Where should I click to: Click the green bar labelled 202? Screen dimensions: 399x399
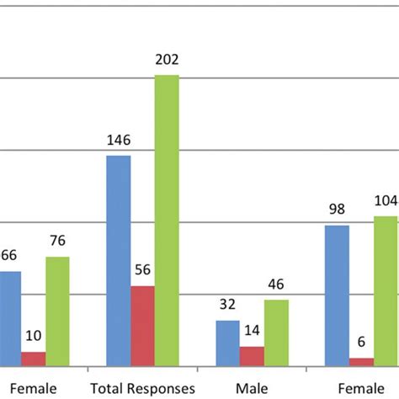pyautogui.click(x=167, y=221)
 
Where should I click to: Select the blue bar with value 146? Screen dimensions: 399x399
pyautogui.click(x=119, y=261)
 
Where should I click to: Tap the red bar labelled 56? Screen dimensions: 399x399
pyautogui.click(x=142, y=326)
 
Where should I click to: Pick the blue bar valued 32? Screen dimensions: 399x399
pyautogui.click(x=227, y=343)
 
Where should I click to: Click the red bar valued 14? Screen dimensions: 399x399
pyautogui.click(x=252, y=356)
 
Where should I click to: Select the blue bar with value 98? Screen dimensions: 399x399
pyautogui.click(x=337, y=295)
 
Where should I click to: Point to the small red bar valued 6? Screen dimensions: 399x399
pyautogui.click(x=361, y=362)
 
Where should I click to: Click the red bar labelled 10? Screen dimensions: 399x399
pyautogui.click(x=34, y=359)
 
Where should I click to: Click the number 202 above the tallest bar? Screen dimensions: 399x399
pyautogui.click(x=167, y=60)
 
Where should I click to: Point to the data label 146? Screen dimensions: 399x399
pyautogui.click(x=119, y=141)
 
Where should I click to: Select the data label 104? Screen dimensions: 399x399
pyautogui.click(x=386, y=201)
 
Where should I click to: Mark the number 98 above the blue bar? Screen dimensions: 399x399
pyautogui.click(x=337, y=210)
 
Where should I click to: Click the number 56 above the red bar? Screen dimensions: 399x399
pyautogui.click(x=142, y=271)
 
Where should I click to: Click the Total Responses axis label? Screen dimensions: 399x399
pyautogui.click(x=142, y=388)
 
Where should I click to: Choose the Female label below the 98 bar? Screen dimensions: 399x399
pyautogui.click(x=361, y=388)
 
